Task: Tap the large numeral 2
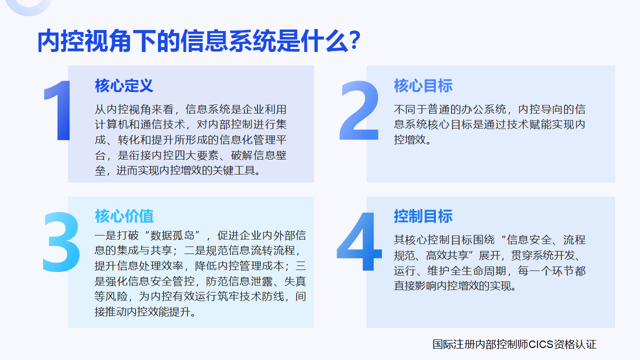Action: [x=359, y=110]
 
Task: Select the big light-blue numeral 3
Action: [x=61, y=241]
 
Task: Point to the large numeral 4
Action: [x=359, y=241]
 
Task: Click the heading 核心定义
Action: [x=124, y=85]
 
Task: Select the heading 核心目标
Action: [x=423, y=85]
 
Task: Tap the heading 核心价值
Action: [x=124, y=216]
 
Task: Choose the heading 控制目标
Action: [x=423, y=216]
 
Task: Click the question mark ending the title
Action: [x=354, y=41]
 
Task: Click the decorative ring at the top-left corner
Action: [x=28, y=11]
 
